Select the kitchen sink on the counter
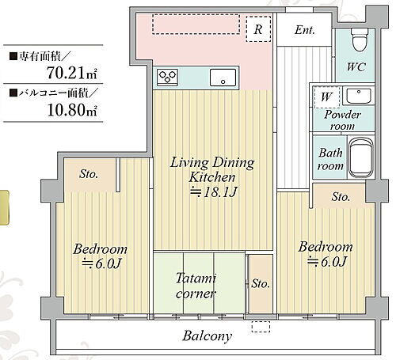pos(222,78)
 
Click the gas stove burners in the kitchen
pos(169,78)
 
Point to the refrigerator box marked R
pos(257,30)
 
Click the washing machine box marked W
pos(325,98)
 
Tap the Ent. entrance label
pos(305,31)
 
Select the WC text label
pos(356,67)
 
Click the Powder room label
pos(341,120)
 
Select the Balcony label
pos(207,336)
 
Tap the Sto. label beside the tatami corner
pos(259,283)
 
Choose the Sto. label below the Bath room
pos(341,196)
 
